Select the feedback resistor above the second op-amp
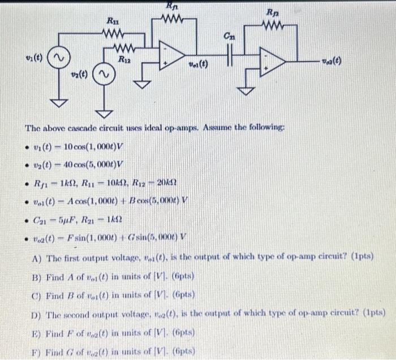[272, 26]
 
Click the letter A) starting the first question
[37, 255]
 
